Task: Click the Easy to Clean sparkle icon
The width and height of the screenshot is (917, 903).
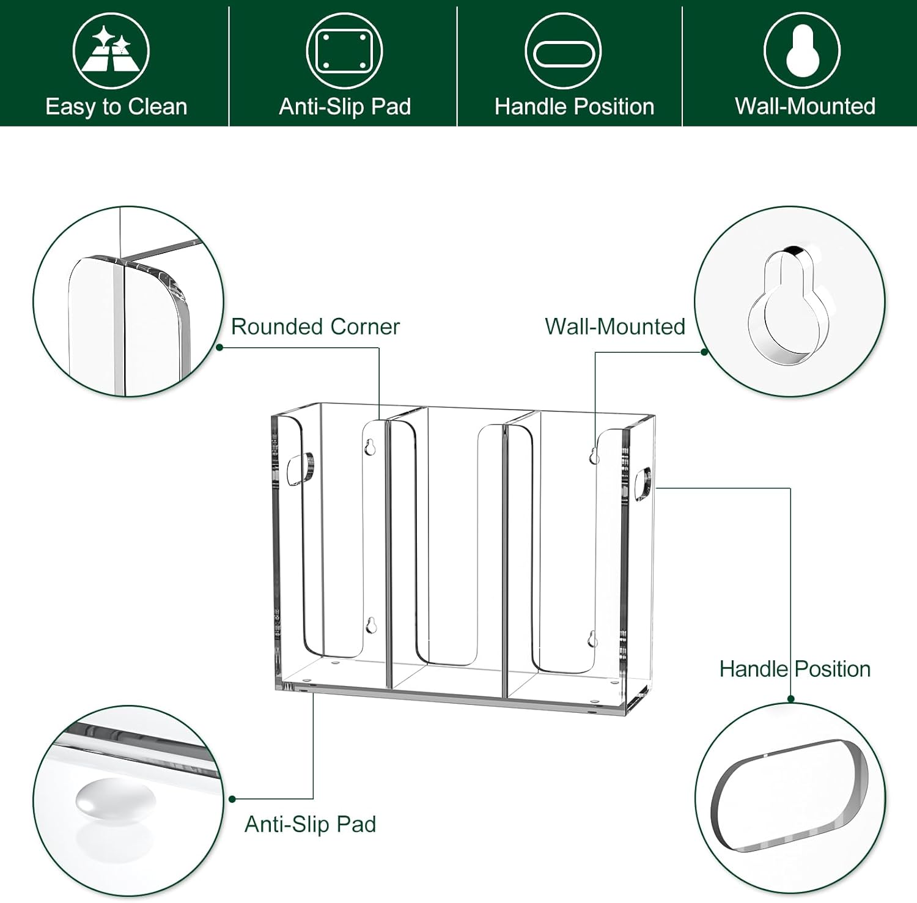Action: [111, 51]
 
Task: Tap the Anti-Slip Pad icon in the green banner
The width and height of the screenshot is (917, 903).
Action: [344, 50]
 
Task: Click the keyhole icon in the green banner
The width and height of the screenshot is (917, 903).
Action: [802, 51]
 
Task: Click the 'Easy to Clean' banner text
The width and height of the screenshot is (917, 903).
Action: [116, 107]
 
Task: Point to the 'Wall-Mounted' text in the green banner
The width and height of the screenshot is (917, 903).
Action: [805, 106]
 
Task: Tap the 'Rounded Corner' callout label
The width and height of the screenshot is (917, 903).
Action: [315, 326]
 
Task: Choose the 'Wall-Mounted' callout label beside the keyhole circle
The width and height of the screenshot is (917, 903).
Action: [614, 326]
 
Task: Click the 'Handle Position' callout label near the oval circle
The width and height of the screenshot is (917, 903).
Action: [795, 669]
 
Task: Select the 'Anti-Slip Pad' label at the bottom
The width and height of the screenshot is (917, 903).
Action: [310, 824]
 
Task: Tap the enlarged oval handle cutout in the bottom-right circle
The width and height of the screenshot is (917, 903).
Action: [789, 795]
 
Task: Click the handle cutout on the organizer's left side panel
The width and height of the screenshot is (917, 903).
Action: [300, 470]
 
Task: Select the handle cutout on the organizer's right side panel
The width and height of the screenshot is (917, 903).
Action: [644, 484]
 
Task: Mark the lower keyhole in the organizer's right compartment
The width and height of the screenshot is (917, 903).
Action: [592, 639]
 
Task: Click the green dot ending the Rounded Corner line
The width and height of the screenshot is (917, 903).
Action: [219, 348]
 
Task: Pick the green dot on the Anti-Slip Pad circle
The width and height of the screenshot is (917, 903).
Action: [232, 799]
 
